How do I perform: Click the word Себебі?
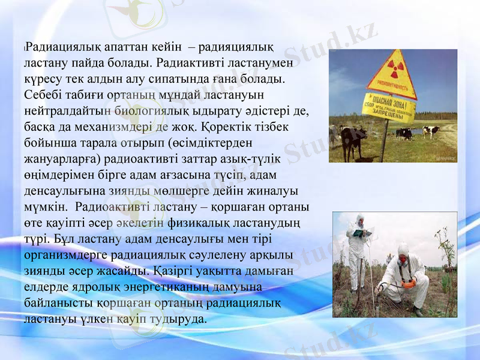(x=44, y=95)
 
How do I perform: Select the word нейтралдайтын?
(x=68, y=111)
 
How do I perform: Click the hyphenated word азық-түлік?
(x=238, y=160)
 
